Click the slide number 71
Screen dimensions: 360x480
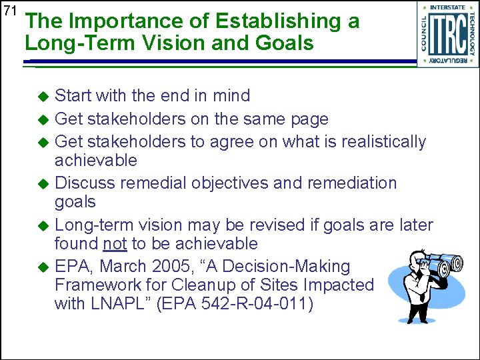(x=9, y=11)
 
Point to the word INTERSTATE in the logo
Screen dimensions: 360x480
(x=447, y=7)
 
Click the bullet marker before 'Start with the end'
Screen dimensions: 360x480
(x=43, y=97)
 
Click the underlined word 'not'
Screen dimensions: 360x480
(x=115, y=243)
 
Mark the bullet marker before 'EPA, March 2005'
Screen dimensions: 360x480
(x=43, y=267)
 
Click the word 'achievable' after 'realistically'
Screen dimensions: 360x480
(x=95, y=161)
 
